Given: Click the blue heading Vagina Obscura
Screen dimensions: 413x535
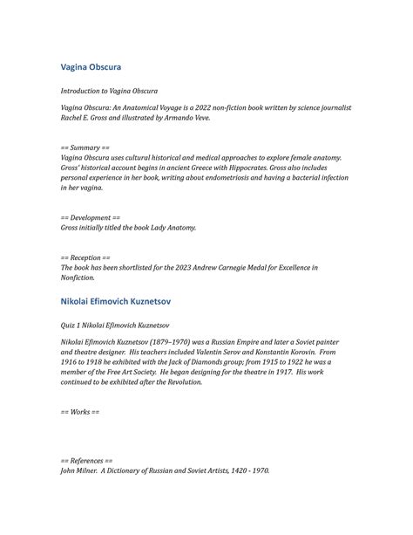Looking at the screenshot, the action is [91, 67].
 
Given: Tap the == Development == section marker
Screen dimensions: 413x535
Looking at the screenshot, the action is [91, 217].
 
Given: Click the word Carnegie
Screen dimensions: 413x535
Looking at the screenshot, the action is [244, 268].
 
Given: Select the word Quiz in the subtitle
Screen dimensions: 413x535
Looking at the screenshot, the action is [69, 322].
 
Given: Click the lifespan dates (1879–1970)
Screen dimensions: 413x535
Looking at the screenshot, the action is [173, 341].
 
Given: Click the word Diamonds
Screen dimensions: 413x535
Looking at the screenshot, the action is [195, 361].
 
